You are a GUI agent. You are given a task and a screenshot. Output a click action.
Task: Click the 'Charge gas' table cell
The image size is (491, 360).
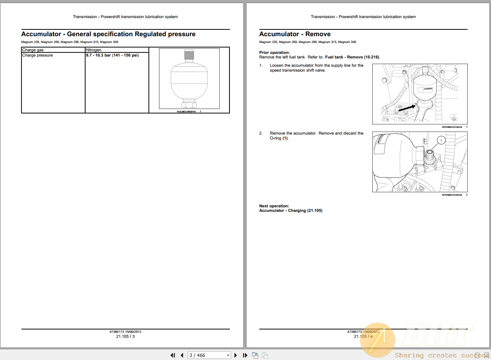33,50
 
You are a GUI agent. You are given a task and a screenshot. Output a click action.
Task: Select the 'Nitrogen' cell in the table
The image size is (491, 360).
94,50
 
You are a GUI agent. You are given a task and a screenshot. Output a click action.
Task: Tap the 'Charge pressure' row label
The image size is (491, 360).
37,55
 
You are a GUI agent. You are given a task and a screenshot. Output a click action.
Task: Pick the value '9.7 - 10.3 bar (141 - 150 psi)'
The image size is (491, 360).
112,55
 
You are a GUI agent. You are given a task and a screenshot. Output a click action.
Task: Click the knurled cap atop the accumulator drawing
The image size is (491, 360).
189,55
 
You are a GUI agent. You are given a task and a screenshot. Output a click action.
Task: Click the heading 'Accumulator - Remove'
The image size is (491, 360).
295,34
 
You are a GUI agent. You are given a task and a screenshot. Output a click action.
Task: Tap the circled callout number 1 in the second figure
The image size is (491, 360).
441,141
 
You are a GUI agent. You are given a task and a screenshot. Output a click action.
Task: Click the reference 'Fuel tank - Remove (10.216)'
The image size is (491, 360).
352,57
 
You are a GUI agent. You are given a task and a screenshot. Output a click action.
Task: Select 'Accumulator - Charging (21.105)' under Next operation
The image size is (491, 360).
291,211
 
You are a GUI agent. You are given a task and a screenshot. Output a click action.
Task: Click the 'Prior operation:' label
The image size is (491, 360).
274,53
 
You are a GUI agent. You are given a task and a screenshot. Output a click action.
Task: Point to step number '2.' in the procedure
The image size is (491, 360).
261,133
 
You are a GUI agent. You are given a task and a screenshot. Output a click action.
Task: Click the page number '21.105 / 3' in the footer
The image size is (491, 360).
125,337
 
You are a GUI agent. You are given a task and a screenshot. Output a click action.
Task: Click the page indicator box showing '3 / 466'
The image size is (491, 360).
209,355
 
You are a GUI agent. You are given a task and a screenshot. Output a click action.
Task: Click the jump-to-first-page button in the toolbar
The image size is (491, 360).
173,355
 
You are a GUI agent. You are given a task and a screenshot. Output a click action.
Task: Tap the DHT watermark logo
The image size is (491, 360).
437,335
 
